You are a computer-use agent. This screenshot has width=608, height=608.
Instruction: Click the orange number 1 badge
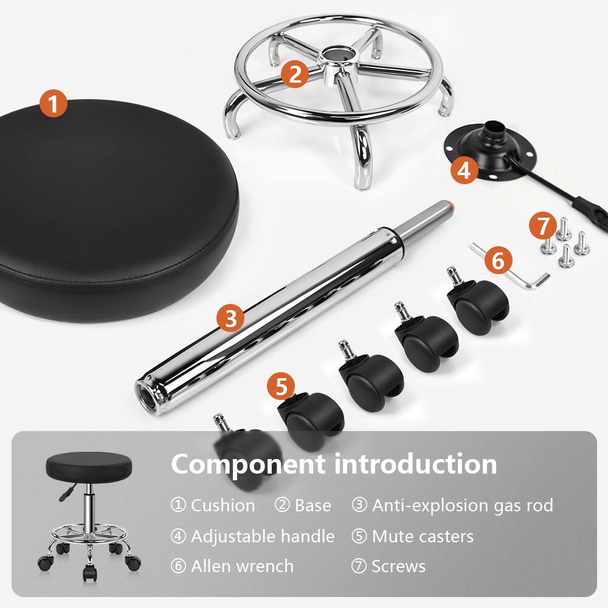click(54, 104)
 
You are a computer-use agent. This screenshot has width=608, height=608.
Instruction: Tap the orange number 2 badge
click(295, 75)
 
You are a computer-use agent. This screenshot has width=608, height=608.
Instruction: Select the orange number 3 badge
click(230, 318)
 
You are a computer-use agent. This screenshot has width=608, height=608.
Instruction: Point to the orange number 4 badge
click(464, 170)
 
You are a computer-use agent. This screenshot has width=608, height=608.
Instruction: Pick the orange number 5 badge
click(281, 386)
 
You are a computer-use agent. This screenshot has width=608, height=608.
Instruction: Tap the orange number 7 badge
click(542, 226)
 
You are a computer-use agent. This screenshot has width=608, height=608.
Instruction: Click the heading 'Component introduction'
click(334, 464)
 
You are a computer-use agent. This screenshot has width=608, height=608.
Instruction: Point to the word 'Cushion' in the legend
click(223, 505)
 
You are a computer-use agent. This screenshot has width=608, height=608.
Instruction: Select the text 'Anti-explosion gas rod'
click(462, 505)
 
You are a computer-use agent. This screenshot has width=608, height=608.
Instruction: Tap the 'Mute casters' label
click(422, 536)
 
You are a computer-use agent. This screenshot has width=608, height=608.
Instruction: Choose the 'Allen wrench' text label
click(242, 566)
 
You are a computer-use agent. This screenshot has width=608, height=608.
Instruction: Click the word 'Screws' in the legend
click(398, 566)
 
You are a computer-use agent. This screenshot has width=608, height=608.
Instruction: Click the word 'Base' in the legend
click(313, 505)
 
